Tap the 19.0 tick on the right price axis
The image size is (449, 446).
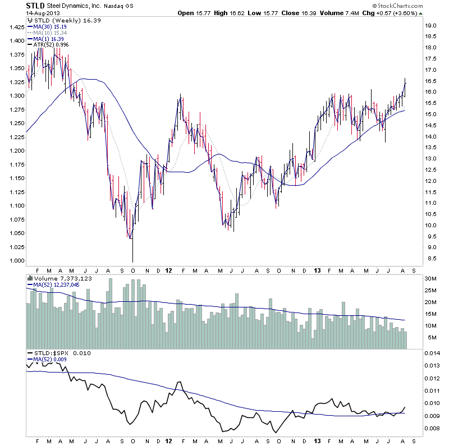(x=431, y=26)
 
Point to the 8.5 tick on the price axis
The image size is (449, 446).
(x=431, y=259)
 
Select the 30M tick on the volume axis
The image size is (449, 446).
(x=431, y=279)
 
